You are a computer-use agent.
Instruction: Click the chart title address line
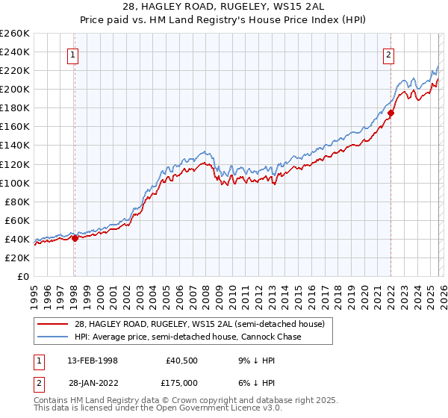click(x=223, y=7)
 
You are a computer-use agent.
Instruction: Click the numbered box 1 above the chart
click(x=74, y=54)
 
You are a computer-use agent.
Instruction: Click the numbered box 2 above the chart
click(x=390, y=54)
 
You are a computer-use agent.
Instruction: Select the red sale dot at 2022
click(x=391, y=113)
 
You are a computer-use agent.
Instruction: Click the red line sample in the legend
click(x=54, y=325)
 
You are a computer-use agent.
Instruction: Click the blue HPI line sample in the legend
click(x=54, y=337)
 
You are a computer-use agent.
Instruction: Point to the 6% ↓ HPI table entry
click(x=255, y=384)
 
